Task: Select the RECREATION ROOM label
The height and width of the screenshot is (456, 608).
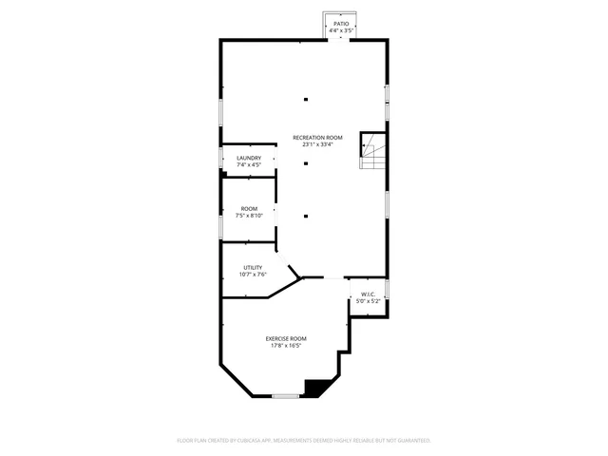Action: tap(316, 138)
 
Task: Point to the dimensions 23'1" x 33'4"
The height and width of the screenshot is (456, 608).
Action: tap(316, 145)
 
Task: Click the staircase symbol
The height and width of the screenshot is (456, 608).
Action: tap(372, 150)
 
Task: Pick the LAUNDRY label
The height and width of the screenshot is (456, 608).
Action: tap(249, 158)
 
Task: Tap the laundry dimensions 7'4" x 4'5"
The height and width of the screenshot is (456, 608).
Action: tap(249, 165)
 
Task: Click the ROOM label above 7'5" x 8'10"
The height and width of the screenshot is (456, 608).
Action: tap(249, 208)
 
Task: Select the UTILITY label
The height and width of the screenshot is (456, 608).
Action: tap(253, 267)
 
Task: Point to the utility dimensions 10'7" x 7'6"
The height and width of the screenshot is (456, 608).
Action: tap(253, 275)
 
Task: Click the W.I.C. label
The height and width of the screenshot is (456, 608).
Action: tap(369, 294)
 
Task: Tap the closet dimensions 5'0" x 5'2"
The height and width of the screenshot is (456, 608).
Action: tap(369, 301)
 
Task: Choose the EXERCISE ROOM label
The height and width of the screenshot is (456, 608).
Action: tap(286, 338)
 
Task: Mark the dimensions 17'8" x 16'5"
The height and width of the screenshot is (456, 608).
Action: tap(286, 346)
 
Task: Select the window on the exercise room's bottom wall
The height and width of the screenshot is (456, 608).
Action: tap(286, 395)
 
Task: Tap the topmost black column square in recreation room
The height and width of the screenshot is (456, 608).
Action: tap(306, 99)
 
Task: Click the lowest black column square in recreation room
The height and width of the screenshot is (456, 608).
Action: tap(306, 216)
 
